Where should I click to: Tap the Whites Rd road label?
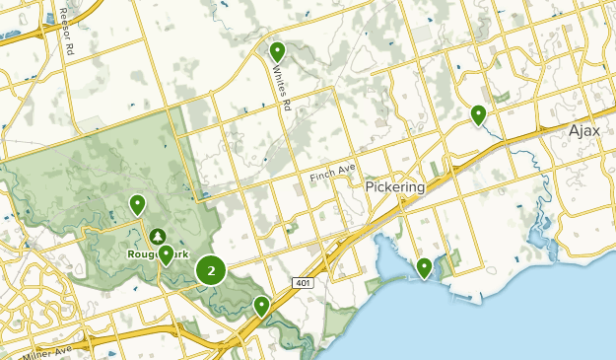[x=283, y=88]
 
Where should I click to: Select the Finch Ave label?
[x=331, y=174]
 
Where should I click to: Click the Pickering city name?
[x=394, y=186]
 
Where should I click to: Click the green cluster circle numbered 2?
[x=211, y=270]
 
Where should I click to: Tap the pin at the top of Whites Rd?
[x=277, y=50]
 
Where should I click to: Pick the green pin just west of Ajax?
[x=478, y=114]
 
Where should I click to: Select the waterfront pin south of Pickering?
[x=425, y=266]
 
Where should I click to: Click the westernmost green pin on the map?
[x=137, y=204]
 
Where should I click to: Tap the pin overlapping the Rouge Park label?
[x=167, y=254]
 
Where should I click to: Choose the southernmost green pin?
[x=261, y=305]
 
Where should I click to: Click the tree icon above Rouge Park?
[x=158, y=236]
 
